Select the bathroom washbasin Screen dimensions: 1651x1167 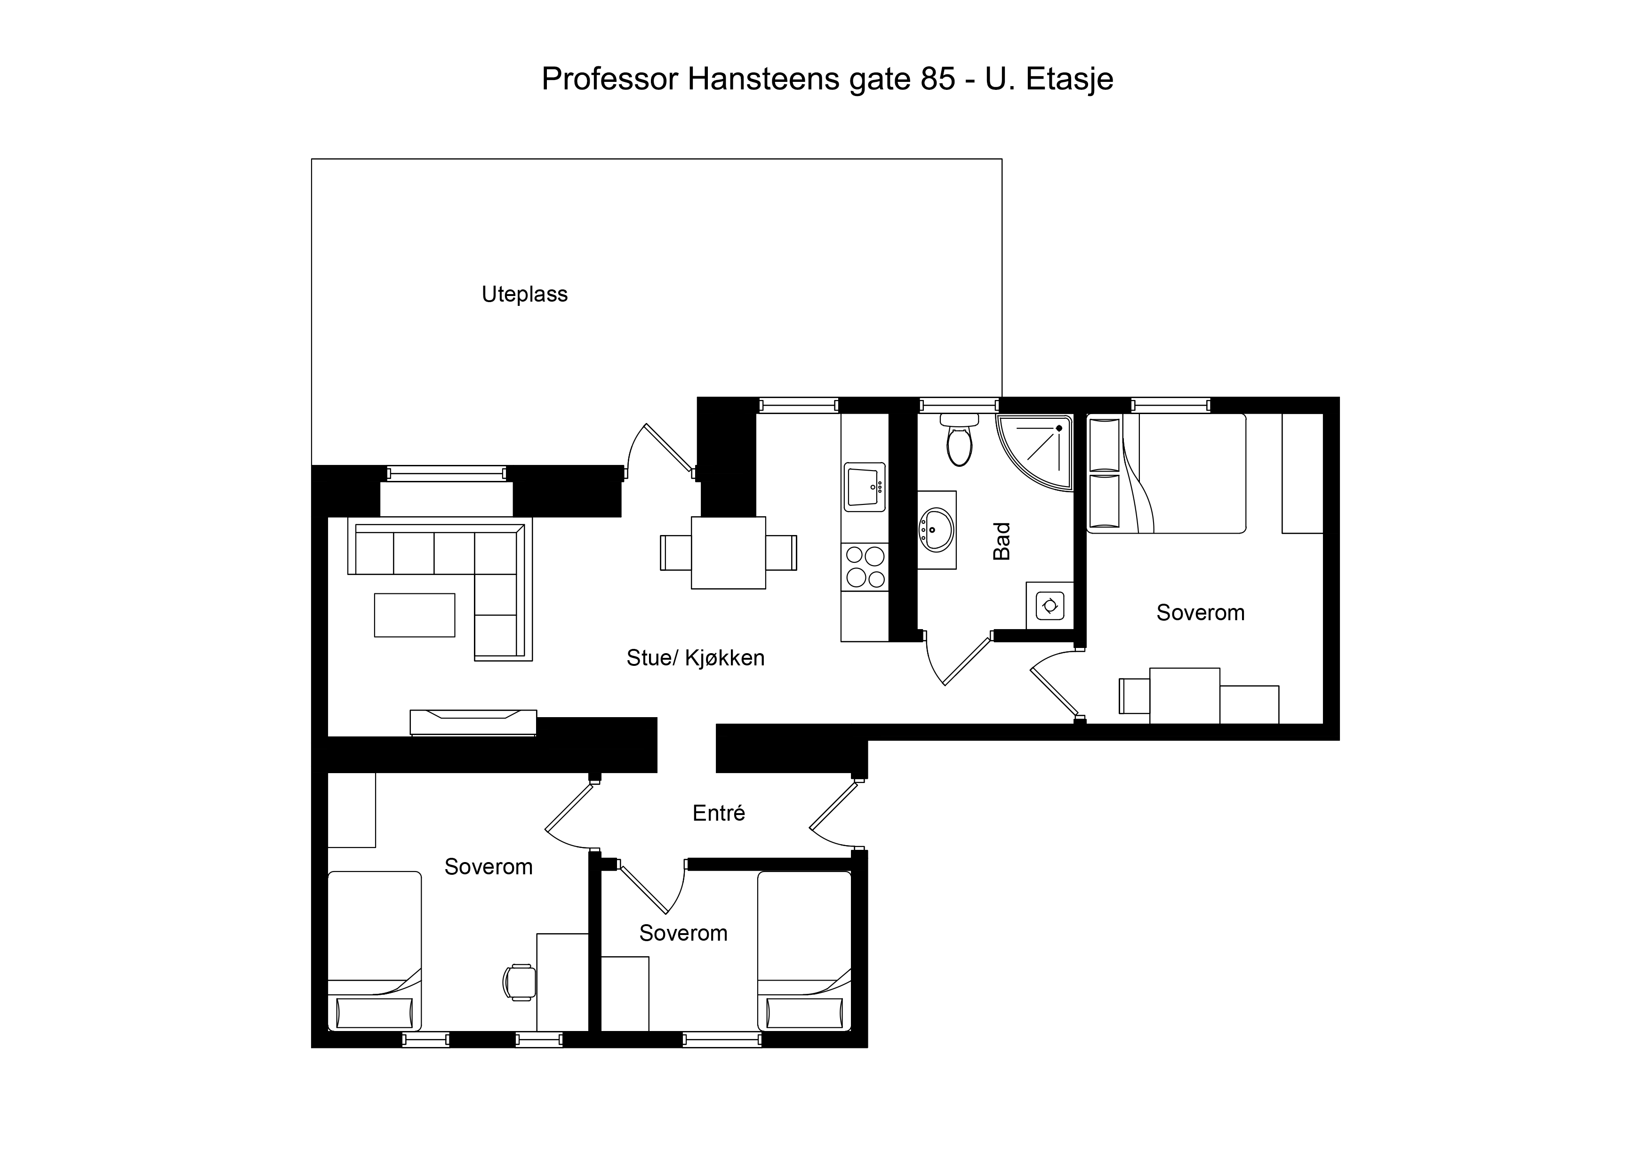pyautogui.click(x=937, y=530)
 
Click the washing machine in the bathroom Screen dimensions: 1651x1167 pyautogui.click(x=1050, y=606)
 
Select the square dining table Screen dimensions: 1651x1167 pyautogui.click(x=729, y=553)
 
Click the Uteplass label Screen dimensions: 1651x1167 pyautogui.click(x=525, y=294)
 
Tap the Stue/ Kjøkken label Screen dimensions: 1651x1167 pyautogui.click(x=695, y=658)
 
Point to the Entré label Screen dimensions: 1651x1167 pyautogui.click(x=718, y=813)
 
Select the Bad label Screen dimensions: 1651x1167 pyautogui.click(x=1002, y=541)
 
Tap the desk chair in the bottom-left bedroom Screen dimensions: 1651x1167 pyautogui.click(x=519, y=982)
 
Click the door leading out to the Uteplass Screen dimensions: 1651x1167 pyautogui.click(x=661, y=450)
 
